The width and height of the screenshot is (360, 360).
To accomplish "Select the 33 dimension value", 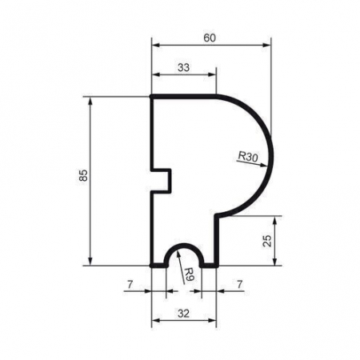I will (x=183, y=68).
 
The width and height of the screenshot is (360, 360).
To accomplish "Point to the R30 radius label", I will (x=246, y=158).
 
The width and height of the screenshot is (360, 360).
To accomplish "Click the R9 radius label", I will (x=187, y=277).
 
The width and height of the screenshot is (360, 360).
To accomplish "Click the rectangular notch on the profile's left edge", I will (x=162, y=180).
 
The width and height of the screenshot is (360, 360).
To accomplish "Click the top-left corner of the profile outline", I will (x=153, y=96).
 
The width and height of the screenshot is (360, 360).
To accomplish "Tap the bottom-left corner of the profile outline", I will (x=153, y=264).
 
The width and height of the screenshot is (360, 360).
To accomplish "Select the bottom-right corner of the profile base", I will (x=216, y=264).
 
